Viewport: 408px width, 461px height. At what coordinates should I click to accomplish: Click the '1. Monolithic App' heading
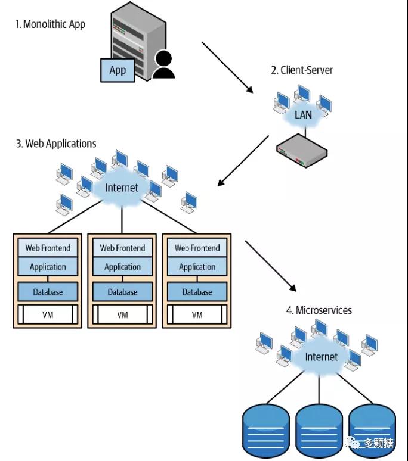[x=50, y=24]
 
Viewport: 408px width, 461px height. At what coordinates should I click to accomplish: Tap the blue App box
[x=118, y=70]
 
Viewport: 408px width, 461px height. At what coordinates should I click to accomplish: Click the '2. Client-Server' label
[x=302, y=70]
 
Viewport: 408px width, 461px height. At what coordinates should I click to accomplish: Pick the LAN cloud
[x=303, y=114]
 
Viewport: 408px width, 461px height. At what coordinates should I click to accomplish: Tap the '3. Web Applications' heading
[x=56, y=144]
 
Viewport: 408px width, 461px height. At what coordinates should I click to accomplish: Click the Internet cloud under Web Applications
[x=121, y=188]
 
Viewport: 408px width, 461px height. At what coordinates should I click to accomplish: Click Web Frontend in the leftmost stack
[x=48, y=248]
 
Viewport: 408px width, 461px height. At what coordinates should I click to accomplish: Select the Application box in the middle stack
[x=122, y=267]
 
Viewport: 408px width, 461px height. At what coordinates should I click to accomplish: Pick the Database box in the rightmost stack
[x=197, y=292]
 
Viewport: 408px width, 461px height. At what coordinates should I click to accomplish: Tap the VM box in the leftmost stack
[x=48, y=314]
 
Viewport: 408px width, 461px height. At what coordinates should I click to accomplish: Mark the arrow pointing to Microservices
[x=271, y=266]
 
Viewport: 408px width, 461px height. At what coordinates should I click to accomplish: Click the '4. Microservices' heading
[x=319, y=310]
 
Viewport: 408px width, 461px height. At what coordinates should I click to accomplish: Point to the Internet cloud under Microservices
[x=321, y=357]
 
